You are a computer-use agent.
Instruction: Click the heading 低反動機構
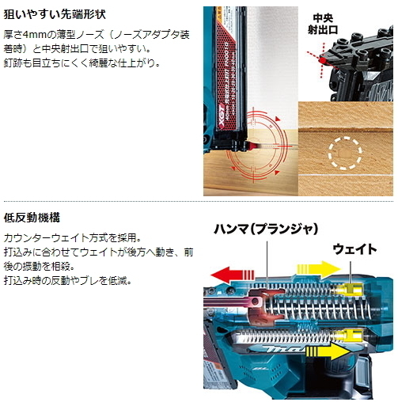tap(32, 216)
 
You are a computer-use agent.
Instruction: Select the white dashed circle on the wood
tap(344, 150)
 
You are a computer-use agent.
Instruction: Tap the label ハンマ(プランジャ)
tap(265, 229)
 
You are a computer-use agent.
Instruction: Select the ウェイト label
tap(354, 248)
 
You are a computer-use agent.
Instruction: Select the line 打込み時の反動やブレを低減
tap(67, 280)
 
